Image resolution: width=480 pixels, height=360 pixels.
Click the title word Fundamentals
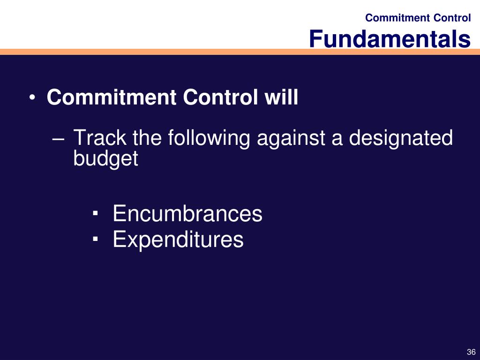tap(390, 38)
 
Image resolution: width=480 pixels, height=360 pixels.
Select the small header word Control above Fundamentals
tap(452, 18)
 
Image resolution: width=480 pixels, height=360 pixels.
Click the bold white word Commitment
tap(112, 97)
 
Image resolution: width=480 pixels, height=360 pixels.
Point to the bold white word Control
tap(220, 97)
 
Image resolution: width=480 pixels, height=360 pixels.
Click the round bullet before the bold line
tap(32, 97)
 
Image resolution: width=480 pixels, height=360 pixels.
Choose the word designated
tap(401, 139)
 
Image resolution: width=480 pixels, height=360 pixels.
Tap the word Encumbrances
tap(187, 213)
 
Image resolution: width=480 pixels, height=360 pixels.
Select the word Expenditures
tap(178, 240)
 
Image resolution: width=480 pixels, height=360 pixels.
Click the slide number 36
tap(471, 352)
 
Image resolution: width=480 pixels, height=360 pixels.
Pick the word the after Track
tap(147, 137)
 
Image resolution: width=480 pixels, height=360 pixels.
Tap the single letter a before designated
tap(337, 140)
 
